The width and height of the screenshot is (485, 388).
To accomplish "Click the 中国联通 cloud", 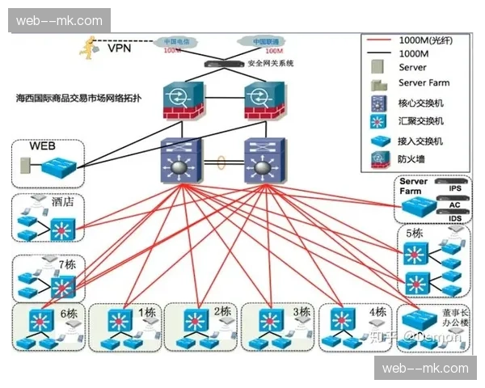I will point(260,42).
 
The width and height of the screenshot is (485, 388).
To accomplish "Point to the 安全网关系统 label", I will point(271,63).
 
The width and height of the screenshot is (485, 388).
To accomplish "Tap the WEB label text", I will point(42,146).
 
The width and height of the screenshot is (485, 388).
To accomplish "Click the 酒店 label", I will point(62,202).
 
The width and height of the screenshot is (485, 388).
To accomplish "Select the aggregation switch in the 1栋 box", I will point(121,317).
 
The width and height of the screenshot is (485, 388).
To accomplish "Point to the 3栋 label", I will point(301,311).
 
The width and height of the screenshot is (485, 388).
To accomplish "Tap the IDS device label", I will point(454,218).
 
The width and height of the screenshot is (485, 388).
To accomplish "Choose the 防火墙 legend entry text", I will point(411,159).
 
